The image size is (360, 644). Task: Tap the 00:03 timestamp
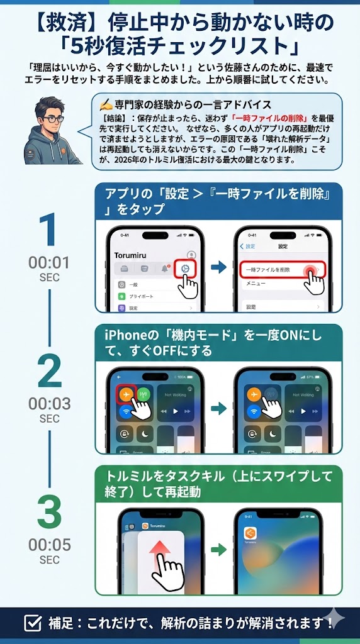[49, 403]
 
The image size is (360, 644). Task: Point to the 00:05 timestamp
[49, 545]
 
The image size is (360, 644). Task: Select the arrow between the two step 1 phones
[218, 268]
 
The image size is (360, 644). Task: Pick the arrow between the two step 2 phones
[218, 409]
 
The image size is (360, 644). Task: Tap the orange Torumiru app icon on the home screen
[250, 533]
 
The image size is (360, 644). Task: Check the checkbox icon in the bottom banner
[32, 623]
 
